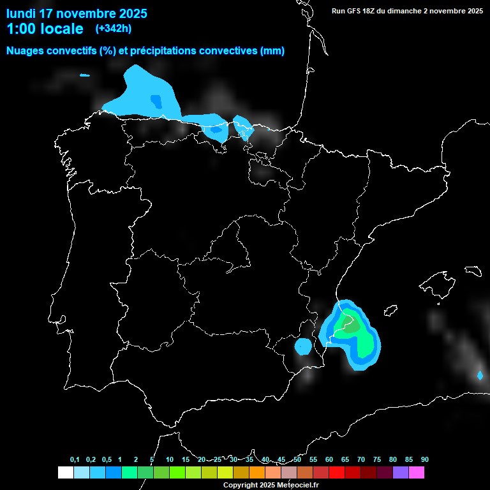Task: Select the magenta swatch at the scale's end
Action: pos(417,472)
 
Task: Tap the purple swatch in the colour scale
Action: pos(401,472)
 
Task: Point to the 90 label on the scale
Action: pos(424,460)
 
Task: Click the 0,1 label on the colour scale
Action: pos(75,460)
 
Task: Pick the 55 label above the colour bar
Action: pos(313,460)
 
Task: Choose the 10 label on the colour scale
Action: pos(169,460)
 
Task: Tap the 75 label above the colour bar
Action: pos(376,460)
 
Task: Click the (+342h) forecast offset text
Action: pos(114,29)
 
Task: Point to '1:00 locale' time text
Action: pos(45,29)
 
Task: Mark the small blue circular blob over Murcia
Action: pos(303,346)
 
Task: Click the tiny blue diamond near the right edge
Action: pos(480,375)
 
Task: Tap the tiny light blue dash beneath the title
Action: pos(85,75)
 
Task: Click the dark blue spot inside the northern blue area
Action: pos(156,100)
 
